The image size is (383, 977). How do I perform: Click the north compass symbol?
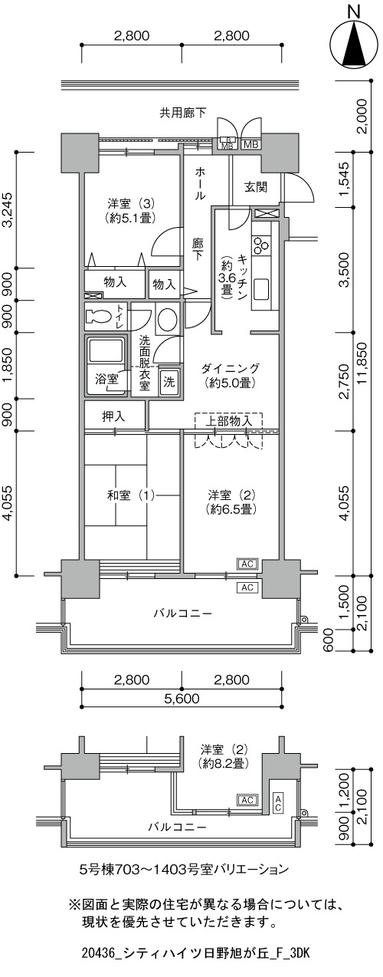click(x=355, y=44)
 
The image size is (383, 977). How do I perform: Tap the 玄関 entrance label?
click(x=256, y=188)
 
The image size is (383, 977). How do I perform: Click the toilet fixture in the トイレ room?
click(x=99, y=316)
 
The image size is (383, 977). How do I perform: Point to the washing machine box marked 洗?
click(x=169, y=382)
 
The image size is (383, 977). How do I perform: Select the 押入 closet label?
click(x=113, y=416)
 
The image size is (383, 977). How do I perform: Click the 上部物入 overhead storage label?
click(x=228, y=421)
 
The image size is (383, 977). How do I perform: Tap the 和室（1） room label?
click(x=131, y=495)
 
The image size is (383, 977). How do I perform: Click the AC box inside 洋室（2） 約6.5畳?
click(x=247, y=564)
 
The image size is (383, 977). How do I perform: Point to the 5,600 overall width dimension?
click(x=182, y=699)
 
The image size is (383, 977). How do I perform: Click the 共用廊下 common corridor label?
click(x=182, y=113)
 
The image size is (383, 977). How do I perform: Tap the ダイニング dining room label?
click(x=230, y=368)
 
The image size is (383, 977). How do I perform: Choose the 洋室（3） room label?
click(x=131, y=203)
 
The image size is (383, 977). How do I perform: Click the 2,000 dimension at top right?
click(x=365, y=116)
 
